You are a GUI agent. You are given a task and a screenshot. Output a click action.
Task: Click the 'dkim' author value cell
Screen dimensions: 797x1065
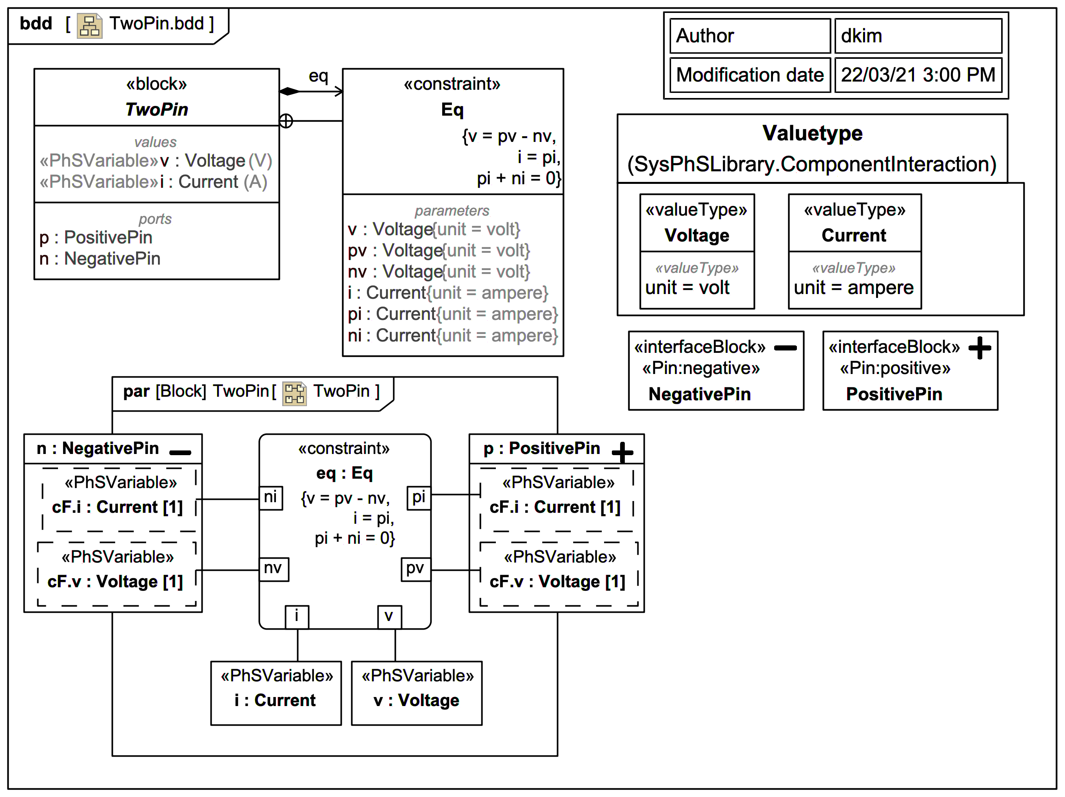918,36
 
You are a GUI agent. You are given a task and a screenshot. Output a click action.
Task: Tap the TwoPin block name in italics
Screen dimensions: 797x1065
156,109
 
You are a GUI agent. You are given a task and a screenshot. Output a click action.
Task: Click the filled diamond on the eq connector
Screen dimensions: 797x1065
289,91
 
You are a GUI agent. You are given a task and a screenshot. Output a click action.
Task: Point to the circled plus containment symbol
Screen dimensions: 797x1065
286,121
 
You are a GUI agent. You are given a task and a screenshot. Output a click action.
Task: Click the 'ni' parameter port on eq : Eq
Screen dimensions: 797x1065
270,497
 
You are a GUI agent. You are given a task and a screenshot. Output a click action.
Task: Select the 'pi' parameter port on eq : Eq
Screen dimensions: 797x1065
418,497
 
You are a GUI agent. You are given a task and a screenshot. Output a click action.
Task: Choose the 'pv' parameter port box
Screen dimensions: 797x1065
415,569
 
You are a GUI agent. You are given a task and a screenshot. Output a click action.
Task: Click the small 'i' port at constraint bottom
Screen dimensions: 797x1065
297,616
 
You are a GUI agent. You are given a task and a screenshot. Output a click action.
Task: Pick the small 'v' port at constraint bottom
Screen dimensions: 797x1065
389,616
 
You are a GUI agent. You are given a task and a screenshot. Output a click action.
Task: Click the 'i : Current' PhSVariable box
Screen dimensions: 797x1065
276,692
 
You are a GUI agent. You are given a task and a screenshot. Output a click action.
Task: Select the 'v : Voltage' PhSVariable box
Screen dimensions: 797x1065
416,692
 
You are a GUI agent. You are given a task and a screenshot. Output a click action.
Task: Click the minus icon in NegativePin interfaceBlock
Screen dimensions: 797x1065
785,348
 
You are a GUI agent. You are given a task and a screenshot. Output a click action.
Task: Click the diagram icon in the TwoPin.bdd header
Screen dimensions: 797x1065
89,25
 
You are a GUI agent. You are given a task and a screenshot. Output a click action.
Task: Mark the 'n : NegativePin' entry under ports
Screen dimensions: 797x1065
100,259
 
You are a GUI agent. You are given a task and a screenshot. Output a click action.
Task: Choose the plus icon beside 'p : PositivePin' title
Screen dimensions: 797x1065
622,452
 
